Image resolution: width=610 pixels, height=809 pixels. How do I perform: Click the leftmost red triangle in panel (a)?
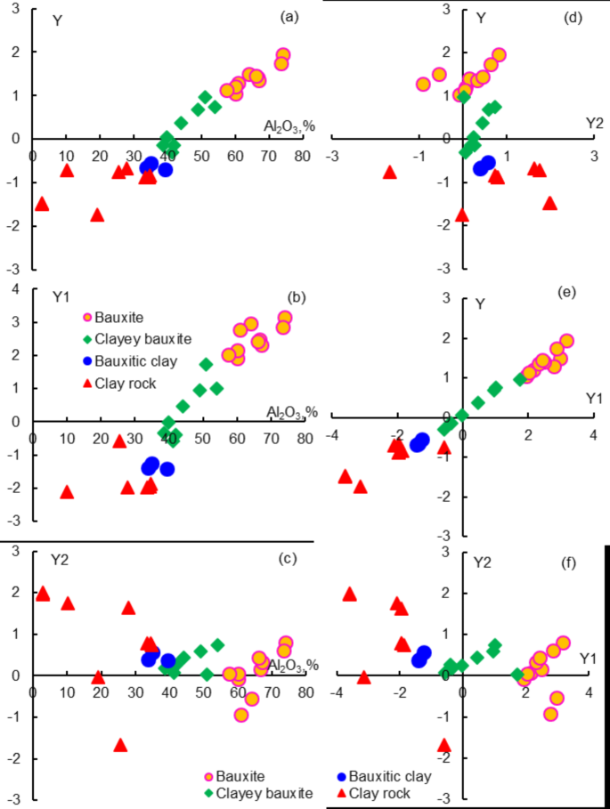[x=41, y=204]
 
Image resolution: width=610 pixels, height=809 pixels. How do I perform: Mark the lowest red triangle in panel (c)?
[x=120, y=745]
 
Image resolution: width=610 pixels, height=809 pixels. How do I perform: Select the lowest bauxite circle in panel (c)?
[x=240, y=715]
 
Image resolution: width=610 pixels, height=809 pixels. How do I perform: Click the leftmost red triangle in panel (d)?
[x=389, y=171]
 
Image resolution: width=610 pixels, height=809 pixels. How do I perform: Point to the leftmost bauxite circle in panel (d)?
[x=423, y=85]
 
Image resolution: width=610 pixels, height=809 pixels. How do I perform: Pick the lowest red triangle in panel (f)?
[x=444, y=745]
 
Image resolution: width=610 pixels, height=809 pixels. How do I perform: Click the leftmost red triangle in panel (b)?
[x=66, y=491]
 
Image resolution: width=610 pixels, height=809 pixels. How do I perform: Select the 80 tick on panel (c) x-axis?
[x=305, y=692]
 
